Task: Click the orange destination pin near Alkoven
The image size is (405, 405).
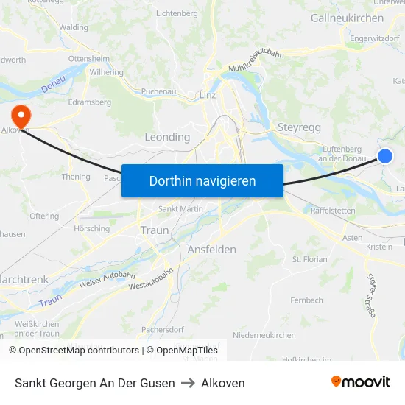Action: point(20,115)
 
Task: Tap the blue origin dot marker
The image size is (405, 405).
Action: point(384,155)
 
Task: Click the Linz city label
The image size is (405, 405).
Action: point(207,95)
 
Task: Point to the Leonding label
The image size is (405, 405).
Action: point(167,137)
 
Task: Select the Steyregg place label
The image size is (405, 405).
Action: point(299,127)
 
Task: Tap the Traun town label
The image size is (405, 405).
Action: point(154,230)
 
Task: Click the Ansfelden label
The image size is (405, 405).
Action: point(212,250)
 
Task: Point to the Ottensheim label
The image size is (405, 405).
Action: point(89,57)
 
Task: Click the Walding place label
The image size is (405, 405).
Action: point(74,27)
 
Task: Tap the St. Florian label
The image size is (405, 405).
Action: point(310,260)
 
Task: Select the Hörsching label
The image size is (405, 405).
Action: point(91,229)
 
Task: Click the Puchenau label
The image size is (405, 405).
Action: point(158,92)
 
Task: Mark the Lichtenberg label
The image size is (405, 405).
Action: point(177,13)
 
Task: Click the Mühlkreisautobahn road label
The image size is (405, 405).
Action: point(256,60)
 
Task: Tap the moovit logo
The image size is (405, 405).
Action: point(361,382)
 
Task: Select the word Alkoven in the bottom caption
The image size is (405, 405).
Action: point(223,383)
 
